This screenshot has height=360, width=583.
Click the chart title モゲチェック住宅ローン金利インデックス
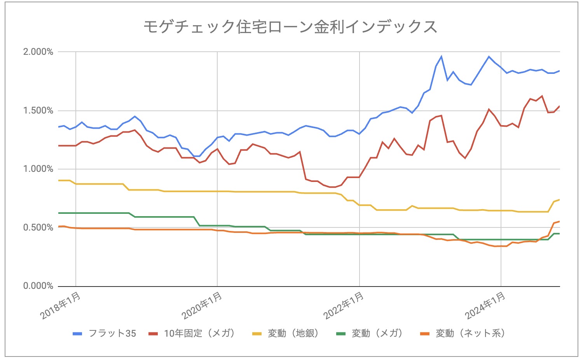[x=290, y=27]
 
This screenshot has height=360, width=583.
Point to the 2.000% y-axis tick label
[x=38, y=52]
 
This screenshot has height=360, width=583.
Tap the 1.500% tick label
[x=38, y=111]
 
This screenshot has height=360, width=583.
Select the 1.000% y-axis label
[x=38, y=169]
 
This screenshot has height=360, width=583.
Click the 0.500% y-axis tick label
[x=38, y=228]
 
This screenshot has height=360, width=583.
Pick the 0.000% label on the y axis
[x=38, y=286]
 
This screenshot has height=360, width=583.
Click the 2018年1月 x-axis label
[x=61, y=306]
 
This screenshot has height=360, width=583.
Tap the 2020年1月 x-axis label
[x=202, y=306]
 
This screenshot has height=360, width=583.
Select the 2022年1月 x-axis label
[x=344, y=306]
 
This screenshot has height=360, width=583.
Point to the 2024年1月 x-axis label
[x=486, y=306]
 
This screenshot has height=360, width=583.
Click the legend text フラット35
[x=112, y=334]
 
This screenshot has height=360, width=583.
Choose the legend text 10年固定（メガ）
[x=199, y=334]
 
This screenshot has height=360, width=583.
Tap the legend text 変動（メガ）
[x=377, y=334]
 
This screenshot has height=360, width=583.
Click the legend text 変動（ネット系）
[x=471, y=334]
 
